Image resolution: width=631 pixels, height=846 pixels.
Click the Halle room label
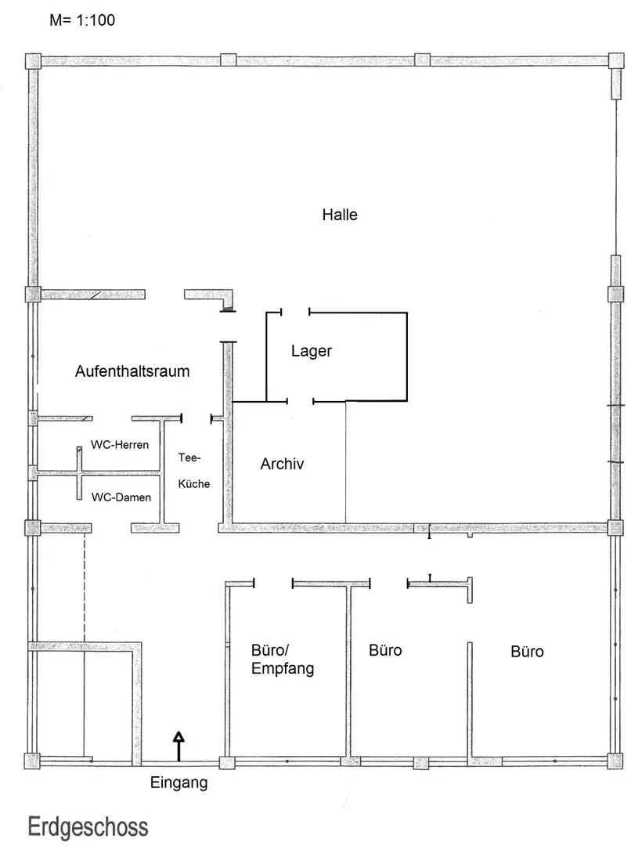pyautogui.click(x=340, y=215)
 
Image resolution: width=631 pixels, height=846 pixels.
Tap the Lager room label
pyautogui.click(x=311, y=351)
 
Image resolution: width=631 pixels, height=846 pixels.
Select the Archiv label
pyautogui.click(x=282, y=464)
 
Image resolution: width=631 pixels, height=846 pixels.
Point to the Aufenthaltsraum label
pyautogui.click(x=132, y=371)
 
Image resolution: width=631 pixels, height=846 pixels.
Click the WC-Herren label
pyautogui.click(x=120, y=445)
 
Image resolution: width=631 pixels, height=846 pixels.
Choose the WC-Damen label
pyautogui.click(x=121, y=497)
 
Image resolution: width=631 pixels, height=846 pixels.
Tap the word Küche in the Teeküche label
pyautogui.click(x=194, y=483)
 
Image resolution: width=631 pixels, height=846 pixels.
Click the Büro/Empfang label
pyautogui.click(x=283, y=659)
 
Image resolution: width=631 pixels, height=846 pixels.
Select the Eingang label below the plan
pyautogui.click(x=178, y=783)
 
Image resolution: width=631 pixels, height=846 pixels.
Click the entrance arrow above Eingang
pyautogui.click(x=178, y=747)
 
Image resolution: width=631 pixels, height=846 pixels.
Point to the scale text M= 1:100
pyautogui.click(x=82, y=20)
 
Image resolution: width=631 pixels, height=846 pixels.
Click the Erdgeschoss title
pyautogui.click(x=88, y=827)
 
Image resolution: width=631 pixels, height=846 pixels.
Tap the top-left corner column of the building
pyautogui.click(x=34, y=60)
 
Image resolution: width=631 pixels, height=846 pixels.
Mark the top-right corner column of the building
pyautogui.click(x=616, y=60)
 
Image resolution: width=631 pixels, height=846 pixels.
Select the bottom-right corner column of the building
pyautogui.click(x=615, y=761)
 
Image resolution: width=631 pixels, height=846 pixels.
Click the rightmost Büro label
pyautogui.click(x=527, y=651)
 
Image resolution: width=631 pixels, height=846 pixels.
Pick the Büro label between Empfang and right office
pyautogui.click(x=385, y=650)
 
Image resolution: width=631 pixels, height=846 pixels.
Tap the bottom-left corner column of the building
pyautogui.click(x=32, y=761)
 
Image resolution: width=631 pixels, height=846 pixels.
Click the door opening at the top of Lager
pyautogui.click(x=295, y=312)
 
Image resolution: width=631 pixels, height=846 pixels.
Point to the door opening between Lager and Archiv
pyautogui.click(x=300, y=401)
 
